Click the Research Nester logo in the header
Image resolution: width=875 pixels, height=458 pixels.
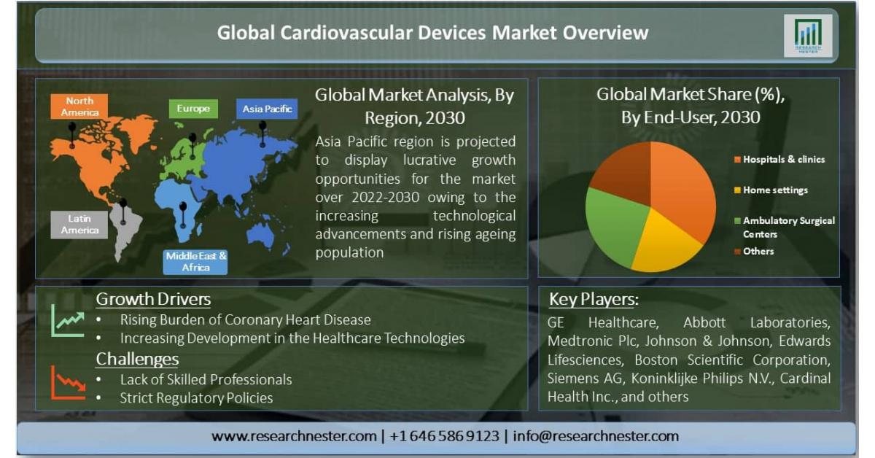808,36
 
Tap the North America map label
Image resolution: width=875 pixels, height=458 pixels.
79,106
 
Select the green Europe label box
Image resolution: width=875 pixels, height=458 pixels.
193,109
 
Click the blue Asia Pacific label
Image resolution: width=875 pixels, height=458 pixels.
267,109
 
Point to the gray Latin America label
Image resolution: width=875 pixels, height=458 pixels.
79,225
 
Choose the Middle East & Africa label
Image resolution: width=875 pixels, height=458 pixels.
195,261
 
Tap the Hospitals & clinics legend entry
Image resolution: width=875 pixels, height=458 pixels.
779,160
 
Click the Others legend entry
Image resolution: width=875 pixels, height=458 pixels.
754,252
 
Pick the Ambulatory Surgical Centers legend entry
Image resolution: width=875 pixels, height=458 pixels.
785,228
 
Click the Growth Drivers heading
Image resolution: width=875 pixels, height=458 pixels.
153,299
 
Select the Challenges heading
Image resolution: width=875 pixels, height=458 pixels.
137,359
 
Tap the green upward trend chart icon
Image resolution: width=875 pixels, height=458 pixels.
68,321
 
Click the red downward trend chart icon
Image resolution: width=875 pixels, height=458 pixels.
68,383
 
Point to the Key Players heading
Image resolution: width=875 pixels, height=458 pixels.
594,299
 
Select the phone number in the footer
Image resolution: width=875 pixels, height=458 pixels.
445,436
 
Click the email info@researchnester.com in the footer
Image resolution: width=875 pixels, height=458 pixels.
596,436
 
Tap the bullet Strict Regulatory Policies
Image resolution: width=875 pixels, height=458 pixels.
196,398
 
